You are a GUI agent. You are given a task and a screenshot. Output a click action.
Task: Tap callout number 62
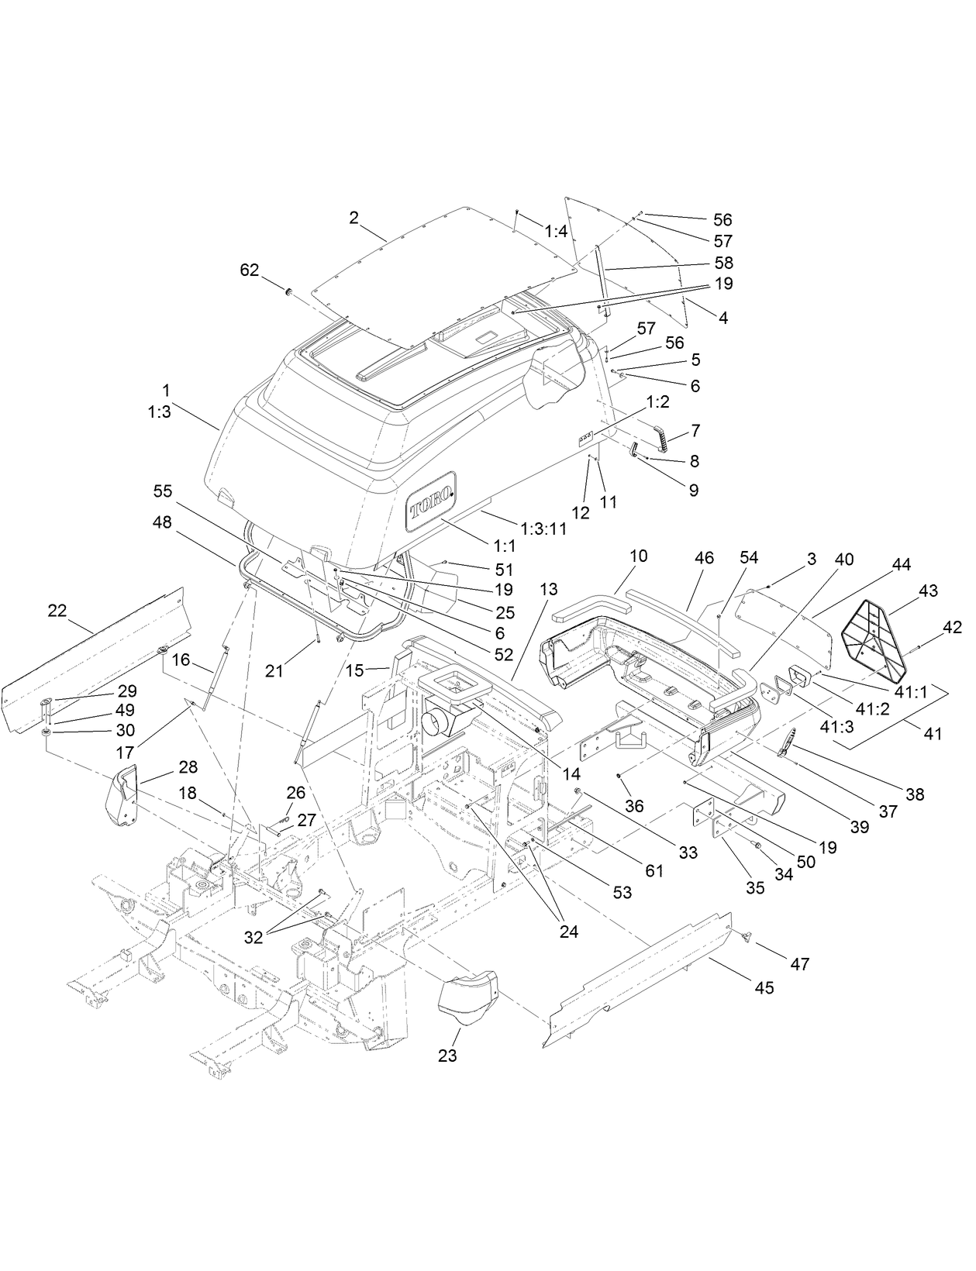tap(250, 270)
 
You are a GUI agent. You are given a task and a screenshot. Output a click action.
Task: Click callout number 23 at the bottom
tap(447, 1055)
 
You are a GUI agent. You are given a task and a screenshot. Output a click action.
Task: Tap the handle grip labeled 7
tap(660, 437)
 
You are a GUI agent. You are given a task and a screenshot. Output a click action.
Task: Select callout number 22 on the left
tap(57, 611)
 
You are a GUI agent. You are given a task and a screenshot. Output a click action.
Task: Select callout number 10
tap(638, 556)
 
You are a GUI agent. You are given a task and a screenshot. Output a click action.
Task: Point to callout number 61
tap(654, 871)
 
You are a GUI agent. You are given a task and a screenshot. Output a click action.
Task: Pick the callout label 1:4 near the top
tap(556, 231)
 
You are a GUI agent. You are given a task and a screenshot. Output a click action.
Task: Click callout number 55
tap(163, 491)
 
